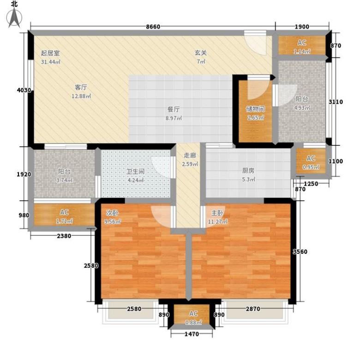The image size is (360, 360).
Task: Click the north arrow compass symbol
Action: pyautogui.click(x=14, y=17)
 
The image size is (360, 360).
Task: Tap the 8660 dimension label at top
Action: pyautogui.click(x=153, y=27)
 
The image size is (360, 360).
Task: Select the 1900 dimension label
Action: pyautogui.click(x=302, y=27)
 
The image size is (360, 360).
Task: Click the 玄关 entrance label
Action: pyautogui.click(x=201, y=53)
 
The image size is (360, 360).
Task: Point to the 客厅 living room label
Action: pyautogui.click(x=81, y=87)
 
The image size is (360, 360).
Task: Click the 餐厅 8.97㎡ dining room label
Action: pyautogui.click(x=174, y=114)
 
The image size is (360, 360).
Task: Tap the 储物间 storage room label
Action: pyautogui.click(x=256, y=109)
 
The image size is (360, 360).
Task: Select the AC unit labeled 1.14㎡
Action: pyautogui.click(x=302, y=45)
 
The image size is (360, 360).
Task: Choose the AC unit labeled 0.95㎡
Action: pyautogui.click(x=311, y=161)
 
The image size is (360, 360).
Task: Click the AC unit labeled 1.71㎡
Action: pyautogui.click(x=64, y=215)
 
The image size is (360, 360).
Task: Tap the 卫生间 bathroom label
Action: pyautogui.click(x=135, y=172)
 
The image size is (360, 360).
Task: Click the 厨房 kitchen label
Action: pyautogui.click(x=248, y=171)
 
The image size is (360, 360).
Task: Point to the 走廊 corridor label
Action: pyautogui.click(x=190, y=156)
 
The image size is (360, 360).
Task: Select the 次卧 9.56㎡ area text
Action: pyautogui.click(x=113, y=217)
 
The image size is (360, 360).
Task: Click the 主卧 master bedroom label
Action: pyautogui.click(x=217, y=213)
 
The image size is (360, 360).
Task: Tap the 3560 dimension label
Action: pyautogui.click(x=300, y=252)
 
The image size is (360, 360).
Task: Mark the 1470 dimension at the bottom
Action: pyautogui.click(x=192, y=334)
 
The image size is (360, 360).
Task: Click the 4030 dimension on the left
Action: pyautogui.click(x=24, y=90)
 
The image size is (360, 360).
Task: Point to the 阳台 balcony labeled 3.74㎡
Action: pyautogui.click(x=64, y=176)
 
